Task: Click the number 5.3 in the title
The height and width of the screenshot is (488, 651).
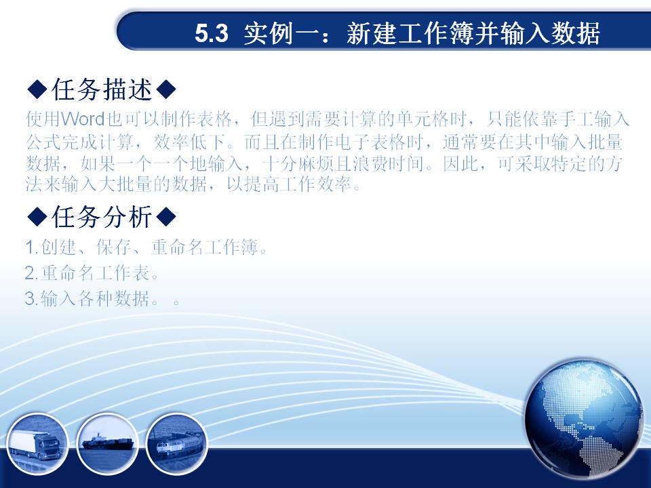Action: pos(212,34)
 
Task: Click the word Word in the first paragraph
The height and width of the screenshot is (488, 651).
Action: pos(83,119)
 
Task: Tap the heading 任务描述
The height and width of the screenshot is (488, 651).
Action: pos(102,89)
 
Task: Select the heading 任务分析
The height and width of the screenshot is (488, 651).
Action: pos(102,217)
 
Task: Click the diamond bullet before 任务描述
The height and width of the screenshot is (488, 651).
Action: pos(37,89)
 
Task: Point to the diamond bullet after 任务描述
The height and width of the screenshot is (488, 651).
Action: pos(167,89)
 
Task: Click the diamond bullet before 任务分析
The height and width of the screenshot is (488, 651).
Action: pos(37,217)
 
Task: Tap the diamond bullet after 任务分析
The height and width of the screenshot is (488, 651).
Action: pos(167,217)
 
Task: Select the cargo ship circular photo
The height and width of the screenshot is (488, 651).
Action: pos(108,443)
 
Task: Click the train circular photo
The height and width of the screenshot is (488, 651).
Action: pos(176,443)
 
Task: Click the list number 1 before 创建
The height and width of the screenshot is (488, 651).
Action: pos(30,248)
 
